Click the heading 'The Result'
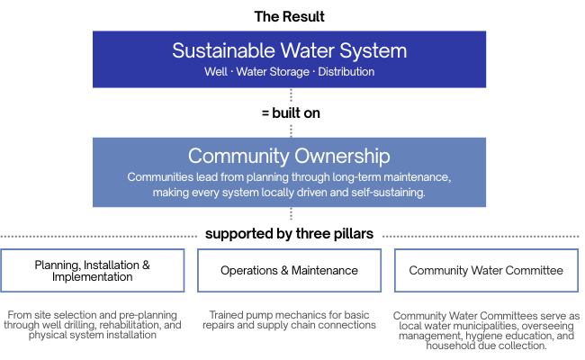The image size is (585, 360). (289, 16)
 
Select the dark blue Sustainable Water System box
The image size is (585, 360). (289, 58)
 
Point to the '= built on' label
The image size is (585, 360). (289, 113)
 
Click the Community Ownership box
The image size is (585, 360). (289, 171)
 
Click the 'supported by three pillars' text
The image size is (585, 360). (289, 234)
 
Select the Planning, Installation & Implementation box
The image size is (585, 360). (93, 270)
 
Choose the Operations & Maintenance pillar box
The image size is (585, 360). (289, 270)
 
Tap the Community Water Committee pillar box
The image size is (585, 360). (486, 270)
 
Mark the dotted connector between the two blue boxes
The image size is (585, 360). (290, 97)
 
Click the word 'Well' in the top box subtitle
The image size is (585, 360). (215, 71)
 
